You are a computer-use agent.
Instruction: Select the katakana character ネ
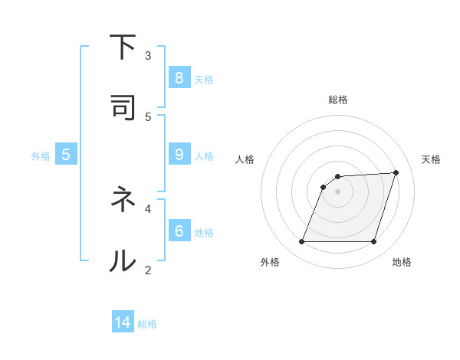[123, 200]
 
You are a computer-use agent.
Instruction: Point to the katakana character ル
[123, 260]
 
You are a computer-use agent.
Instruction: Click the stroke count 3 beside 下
[148, 55]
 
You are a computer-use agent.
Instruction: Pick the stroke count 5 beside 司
[148, 116]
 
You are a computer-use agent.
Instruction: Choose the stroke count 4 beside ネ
[148, 208]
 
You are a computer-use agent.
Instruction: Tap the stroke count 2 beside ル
[148, 269]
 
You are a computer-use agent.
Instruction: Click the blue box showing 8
[179, 77]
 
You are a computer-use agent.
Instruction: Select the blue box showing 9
[179, 155]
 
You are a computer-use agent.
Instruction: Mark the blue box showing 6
[179, 231]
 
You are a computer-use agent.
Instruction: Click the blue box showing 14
[123, 322]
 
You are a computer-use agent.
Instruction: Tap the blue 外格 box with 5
[66, 155]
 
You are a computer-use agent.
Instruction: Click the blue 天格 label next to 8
[204, 79]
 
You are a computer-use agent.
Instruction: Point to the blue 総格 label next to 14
[147, 324]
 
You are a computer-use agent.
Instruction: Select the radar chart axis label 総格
[338, 100]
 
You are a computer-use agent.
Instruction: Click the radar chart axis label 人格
[245, 159]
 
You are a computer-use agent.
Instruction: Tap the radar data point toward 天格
[396, 172]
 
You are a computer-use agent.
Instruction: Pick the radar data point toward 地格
[373, 242]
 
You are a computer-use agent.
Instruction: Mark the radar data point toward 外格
[302, 242]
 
